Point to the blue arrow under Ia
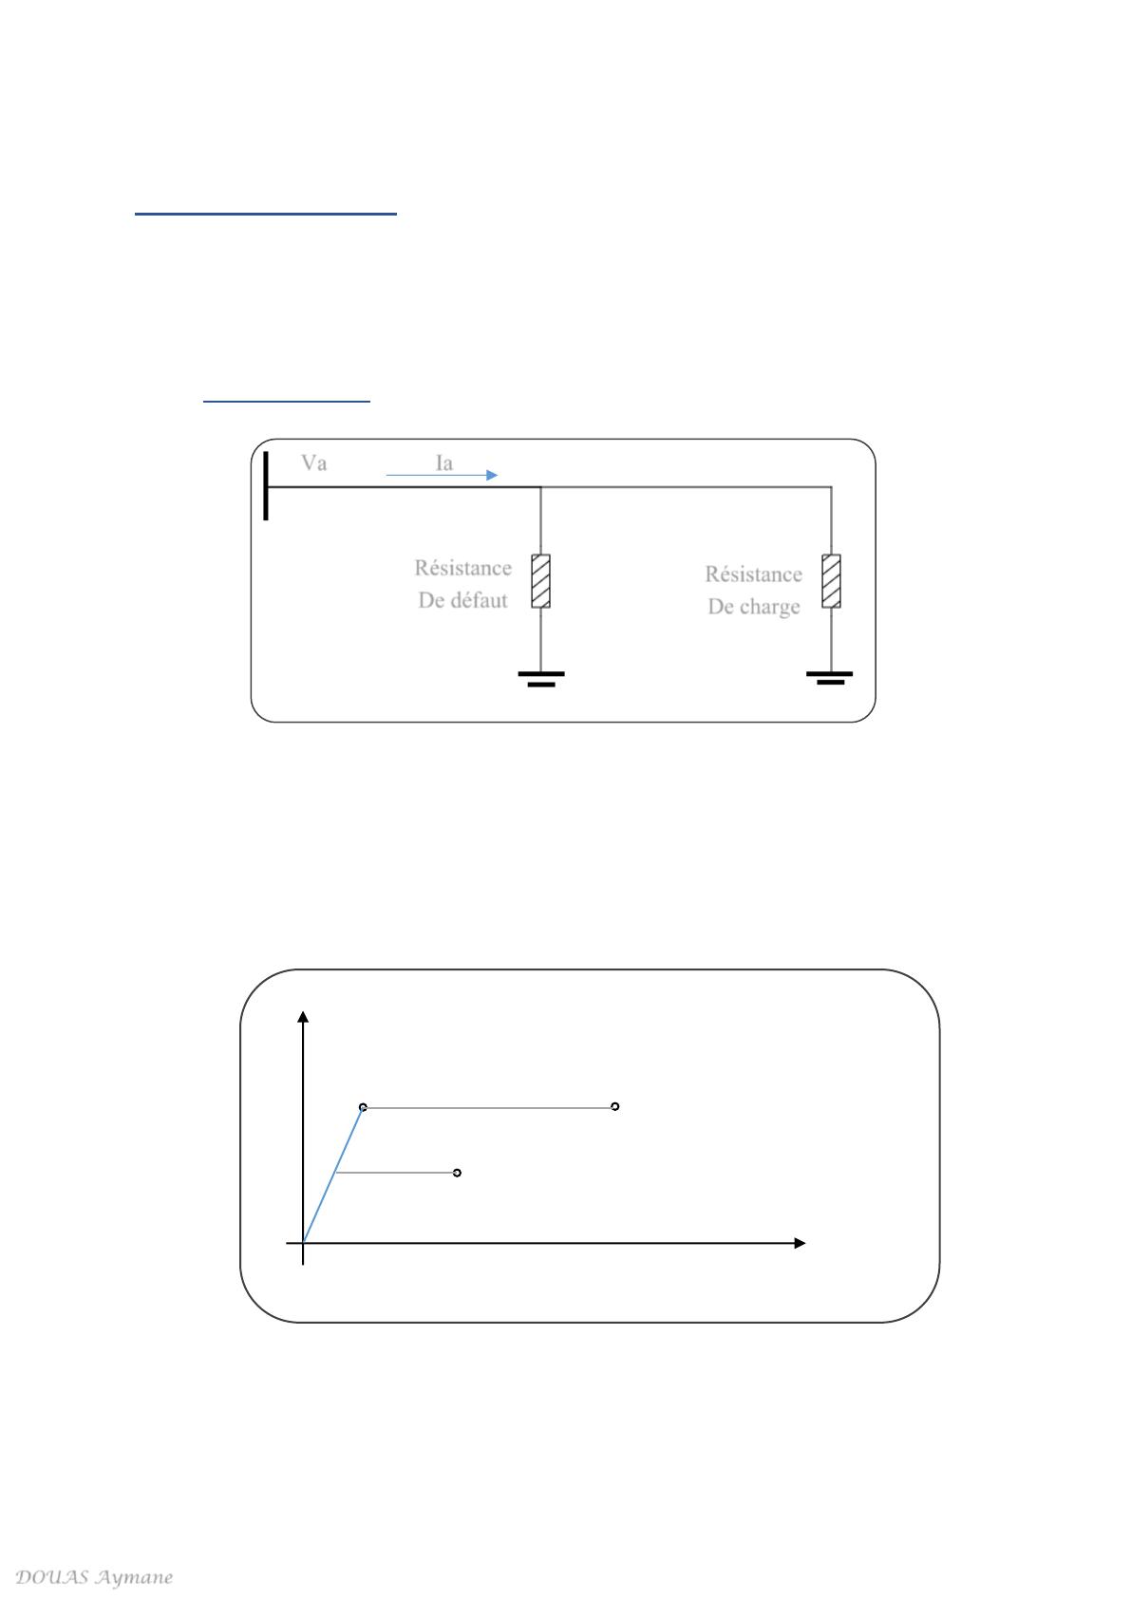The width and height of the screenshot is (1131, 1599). pyautogui.click(x=442, y=475)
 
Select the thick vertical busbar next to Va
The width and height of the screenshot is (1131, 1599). pyautogui.click(x=266, y=485)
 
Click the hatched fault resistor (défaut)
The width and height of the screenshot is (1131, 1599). pyautogui.click(x=540, y=581)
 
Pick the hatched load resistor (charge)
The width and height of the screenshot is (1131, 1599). pyautogui.click(x=831, y=581)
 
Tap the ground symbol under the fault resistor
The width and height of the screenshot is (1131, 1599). pyautogui.click(x=541, y=678)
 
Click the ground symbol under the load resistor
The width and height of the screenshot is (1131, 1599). pyautogui.click(x=830, y=677)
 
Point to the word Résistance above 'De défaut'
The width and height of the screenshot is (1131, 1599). pyautogui.click(x=462, y=568)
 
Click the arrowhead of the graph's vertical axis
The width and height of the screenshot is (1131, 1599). pyautogui.click(x=303, y=1017)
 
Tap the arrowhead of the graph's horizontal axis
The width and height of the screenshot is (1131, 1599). pyautogui.click(x=800, y=1243)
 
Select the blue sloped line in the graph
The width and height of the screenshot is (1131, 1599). pyautogui.click(x=333, y=1175)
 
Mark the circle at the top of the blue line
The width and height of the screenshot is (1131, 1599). pyautogui.click(x=363, y=1107)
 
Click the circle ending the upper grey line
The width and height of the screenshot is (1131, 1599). pyautogui.click(x=614, y=1106)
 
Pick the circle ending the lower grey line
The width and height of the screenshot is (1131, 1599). pyautogui.click(x=457, y=1173)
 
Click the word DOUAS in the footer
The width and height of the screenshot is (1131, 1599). pyautogui.click(x=52, y=1576)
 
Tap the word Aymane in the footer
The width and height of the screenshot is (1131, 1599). pyautogui.click(x=134, y=1577)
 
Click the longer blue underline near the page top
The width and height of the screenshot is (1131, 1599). pyautogui.click(x=266, y=214)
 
